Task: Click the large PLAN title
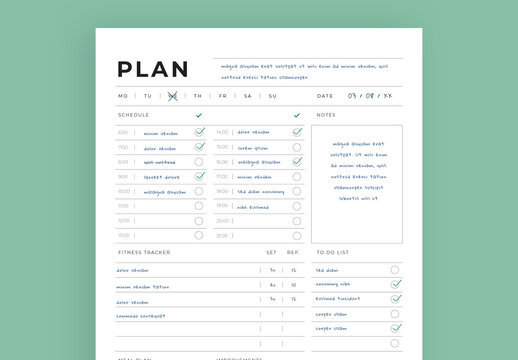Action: (x=152, y=69)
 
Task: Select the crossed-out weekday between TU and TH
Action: (x=172, y=96)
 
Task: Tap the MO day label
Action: (x=123, y=96)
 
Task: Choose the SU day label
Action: (x=272, y=96)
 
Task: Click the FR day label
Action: (x=222, y=96)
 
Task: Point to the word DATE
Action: (x=325, y=96)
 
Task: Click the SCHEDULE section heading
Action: (x=133, y=115)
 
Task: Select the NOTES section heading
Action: (x=326, y=115)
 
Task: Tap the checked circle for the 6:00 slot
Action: (x=199, y=132)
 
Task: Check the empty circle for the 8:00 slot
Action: (x=199, y=162)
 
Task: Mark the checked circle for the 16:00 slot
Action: (x=296, y=162)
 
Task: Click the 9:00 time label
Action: (x=123, y=177)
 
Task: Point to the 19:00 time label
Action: (x=222, y=206)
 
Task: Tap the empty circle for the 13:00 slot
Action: (x=199, y=235)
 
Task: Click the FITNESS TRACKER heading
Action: (x=144, y=252)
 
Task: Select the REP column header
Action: (x=293, y=252)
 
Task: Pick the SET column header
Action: (x=271, y=252)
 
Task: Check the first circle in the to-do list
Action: (x=395, y=270)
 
